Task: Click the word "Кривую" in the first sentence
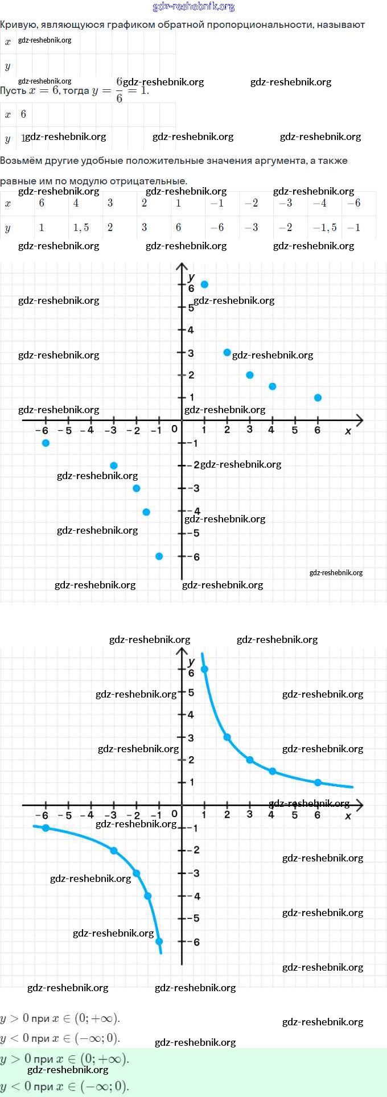(x=18, y=25)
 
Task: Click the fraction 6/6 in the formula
(x=119, y=90)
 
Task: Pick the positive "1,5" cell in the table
(x=81, y=228)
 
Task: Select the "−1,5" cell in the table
(x=324, y=228)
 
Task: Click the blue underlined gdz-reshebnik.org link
(x=193, y=7)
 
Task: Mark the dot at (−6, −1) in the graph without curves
(x=46, y=443)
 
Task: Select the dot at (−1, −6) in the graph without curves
(x=159, y=556)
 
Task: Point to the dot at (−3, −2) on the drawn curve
(x=114, y=851)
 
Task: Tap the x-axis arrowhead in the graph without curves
(x=359, y=420)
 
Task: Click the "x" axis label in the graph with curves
(x=348, y=816)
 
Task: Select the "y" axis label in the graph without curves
(x=191, y=277)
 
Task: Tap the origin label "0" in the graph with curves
(x=175, y=814)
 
